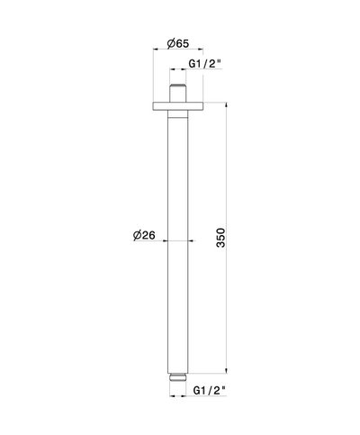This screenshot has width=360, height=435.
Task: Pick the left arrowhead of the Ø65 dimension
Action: point(156,52)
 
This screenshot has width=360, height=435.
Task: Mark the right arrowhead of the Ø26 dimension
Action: point(187,241)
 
